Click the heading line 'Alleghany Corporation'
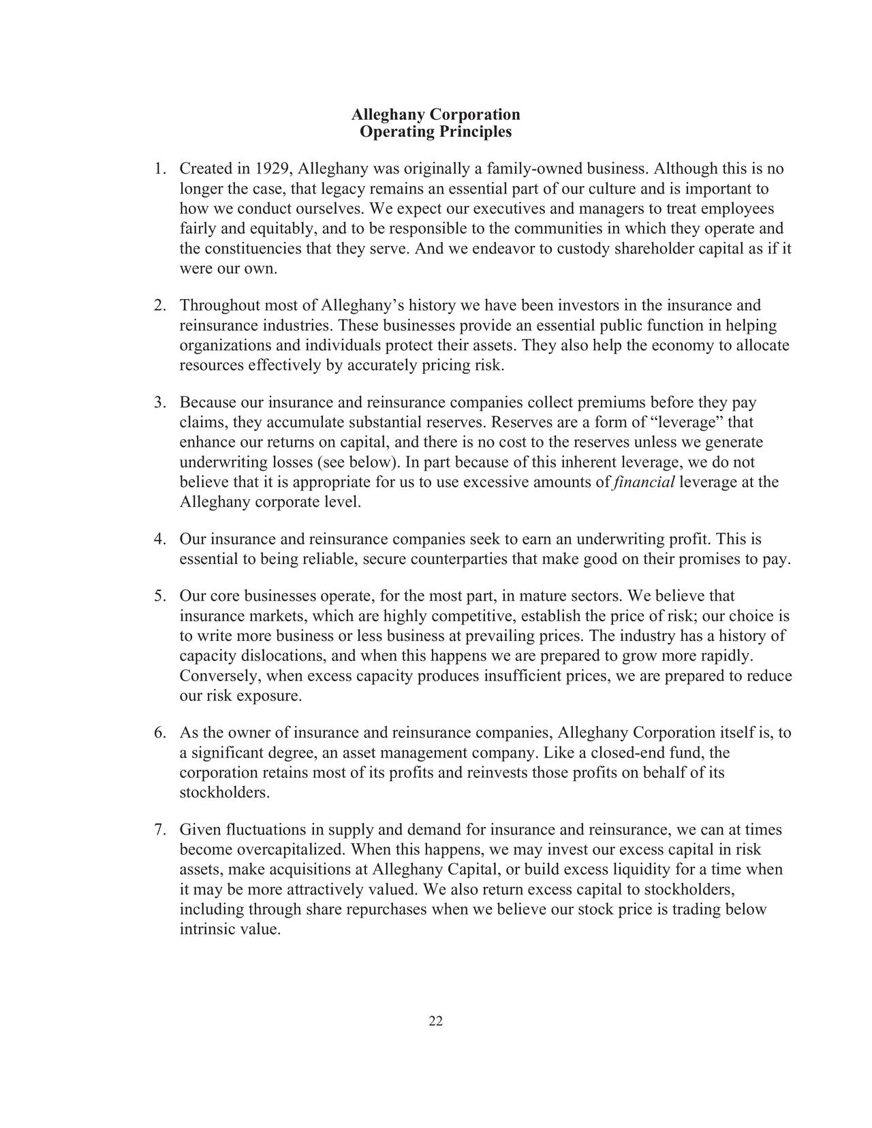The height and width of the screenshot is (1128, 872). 435,114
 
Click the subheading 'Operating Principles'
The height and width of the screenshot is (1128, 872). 435,131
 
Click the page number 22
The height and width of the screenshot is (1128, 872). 436,1020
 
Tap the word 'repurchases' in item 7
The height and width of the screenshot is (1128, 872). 382,910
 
